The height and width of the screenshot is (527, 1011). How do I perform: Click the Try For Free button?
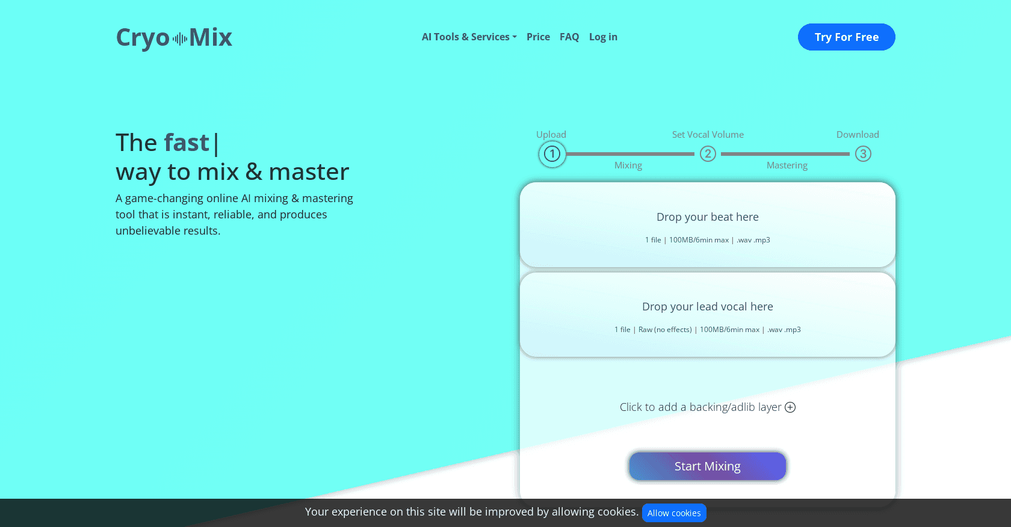tap(846, 37)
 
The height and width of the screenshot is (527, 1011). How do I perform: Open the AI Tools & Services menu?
tap(469, 37)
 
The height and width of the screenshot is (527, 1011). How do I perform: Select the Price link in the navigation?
tap(538, 37)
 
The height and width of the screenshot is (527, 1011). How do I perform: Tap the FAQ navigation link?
tap(569, 37)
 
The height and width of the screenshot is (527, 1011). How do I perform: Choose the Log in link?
tap(603, 37)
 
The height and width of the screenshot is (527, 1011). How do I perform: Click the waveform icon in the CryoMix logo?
tap(179, 39)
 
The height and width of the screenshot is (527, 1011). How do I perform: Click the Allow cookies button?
tap(674, 513)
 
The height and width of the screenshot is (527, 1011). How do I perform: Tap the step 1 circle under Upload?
tap(552, 154)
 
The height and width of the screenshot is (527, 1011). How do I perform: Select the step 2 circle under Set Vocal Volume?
tap(708, 154)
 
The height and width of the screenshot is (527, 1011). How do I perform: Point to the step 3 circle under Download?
tap(863, 154)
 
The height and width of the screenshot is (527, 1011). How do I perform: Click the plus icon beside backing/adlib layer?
tap(790, 407)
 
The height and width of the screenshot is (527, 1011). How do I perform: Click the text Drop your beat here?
tap(707, 217)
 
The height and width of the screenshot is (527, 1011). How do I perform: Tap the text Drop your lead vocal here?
tap(707, 307)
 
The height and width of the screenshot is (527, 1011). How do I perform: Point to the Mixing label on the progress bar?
tap(628, 165)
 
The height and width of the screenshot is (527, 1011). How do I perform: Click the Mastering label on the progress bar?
tap(787, 165)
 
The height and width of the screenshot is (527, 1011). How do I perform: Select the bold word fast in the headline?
tap(187, 143)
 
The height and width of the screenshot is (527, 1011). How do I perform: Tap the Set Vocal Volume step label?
tap(708, 135)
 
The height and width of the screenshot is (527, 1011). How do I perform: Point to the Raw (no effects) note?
tap(665, 330)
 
